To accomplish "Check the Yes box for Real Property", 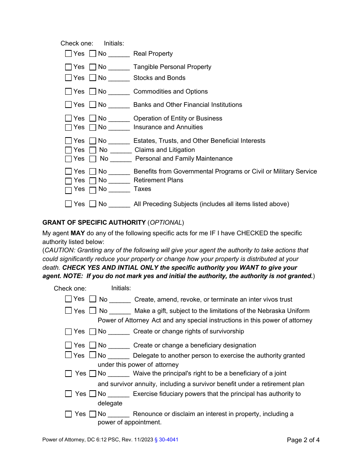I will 68,54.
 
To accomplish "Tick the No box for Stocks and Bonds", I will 93,78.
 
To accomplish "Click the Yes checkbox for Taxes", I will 68,190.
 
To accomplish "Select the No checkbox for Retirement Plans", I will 93,181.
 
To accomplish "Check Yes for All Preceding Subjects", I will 68,204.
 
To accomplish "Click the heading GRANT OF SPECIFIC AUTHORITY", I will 94,222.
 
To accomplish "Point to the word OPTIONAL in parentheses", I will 166,222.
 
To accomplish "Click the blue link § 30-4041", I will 167,440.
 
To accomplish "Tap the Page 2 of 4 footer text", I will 303,440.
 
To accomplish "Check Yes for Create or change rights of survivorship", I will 68,332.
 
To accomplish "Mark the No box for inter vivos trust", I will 93,299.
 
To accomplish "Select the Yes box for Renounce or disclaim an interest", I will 68,414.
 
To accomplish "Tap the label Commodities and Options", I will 171,91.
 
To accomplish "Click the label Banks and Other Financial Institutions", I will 188,105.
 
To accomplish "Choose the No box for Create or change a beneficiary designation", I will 93,345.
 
